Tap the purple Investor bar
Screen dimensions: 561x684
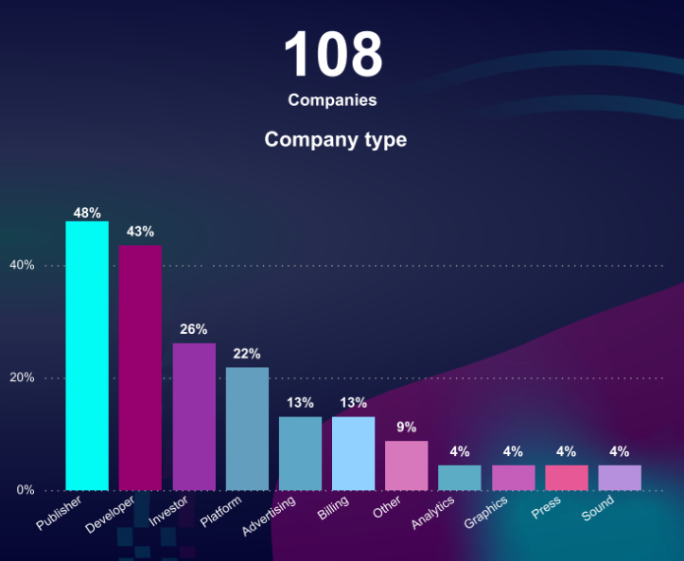tap(194, 416)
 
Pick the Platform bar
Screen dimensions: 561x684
tap(247, 428)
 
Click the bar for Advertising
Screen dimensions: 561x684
tap(300, 453)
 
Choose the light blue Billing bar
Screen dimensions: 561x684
tap(353, 453)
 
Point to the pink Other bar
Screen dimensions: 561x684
tap(407, 465)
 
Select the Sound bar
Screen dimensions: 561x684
tap(620, 478)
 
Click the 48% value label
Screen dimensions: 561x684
tap(87, 213)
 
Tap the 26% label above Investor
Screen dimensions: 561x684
tap(194, 329)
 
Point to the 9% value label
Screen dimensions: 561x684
tap(407, 427)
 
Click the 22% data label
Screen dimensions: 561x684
tap(247, 354)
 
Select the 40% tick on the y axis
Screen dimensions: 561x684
tap(23, 266)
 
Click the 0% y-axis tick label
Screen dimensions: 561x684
tap(26, 490)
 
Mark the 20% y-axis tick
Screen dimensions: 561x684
tap(23, 378)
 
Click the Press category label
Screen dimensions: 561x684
tap(546, 508)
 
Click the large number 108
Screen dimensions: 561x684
tap(333, 54)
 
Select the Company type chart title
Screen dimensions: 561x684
tap(336, 140)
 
